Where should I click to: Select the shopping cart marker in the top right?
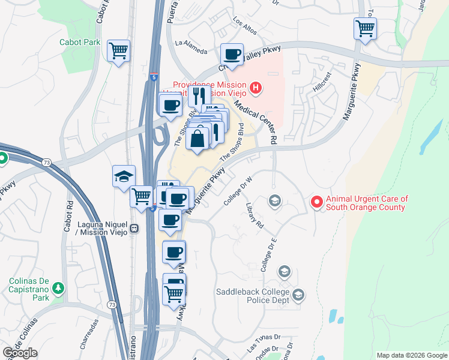point(365,28)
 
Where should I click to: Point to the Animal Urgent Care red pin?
point(316,203)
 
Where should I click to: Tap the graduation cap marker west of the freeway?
point(124,176)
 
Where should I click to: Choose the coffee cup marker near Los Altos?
point(232,55)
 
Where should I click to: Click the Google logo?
point(20,353)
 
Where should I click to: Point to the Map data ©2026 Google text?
point(411,355)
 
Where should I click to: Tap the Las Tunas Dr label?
point(264,349)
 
